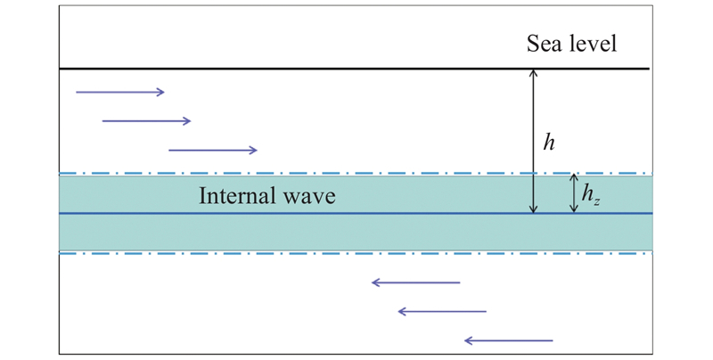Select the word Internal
tap(239, 196)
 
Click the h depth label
tap(549, 143)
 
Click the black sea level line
tap(354, 70)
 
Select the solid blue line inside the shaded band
tap(356, 213)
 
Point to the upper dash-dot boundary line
tap(356, 174)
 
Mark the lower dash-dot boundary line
tap(356, 253)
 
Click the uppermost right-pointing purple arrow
tap(120, 93)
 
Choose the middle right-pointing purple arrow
tap(146, 121)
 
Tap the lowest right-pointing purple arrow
tap(213, 150)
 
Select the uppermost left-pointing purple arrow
tap(416, 282)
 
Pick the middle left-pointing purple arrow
tap(442, 311)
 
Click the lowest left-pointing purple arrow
tap(509, 340)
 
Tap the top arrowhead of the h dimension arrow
tap(534, 70)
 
